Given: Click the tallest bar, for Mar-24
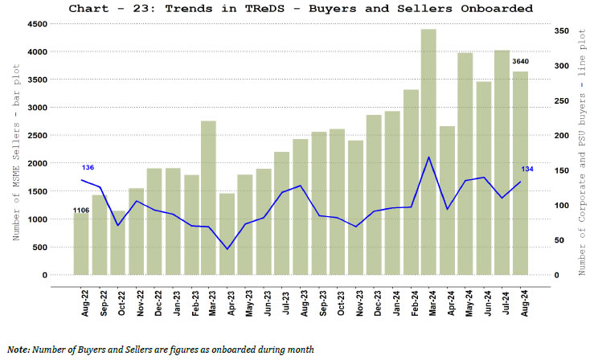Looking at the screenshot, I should point(428,153).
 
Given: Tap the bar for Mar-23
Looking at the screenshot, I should point(208,198).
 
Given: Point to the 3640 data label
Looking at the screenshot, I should point(521,62).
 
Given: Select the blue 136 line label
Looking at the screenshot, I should point(88,167).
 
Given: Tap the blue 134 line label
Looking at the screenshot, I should point(527,169).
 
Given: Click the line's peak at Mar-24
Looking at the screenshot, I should point(429,157).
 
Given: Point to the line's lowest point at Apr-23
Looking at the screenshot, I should point(227,249).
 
